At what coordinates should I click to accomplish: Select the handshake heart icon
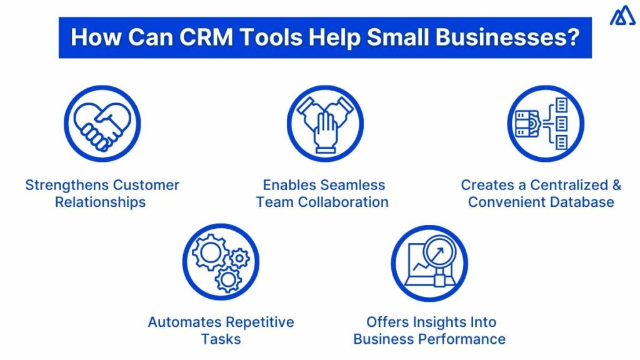(102, 124)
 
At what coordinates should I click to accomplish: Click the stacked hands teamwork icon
(325, 124)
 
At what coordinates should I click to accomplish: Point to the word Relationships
(100, 202)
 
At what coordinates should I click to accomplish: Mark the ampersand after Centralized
(616, 186)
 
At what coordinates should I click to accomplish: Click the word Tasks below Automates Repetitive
(221, 339)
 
